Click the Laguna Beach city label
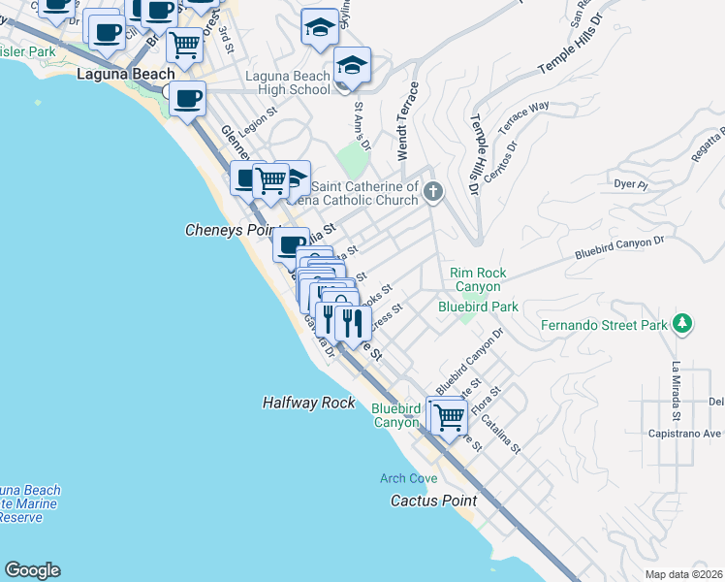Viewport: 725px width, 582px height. (126, 74)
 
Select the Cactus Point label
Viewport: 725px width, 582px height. (433, 501)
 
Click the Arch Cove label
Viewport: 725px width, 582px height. (403, 478)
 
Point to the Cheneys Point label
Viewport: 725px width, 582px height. (225, 231)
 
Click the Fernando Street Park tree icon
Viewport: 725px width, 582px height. (684, 324)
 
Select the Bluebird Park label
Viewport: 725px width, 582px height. (478, 307)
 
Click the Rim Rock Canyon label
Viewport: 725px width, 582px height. (476, 279)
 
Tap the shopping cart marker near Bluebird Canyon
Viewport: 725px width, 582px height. (447, 417)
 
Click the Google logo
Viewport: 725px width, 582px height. (32, 570)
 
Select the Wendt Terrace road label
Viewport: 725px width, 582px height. (408, 122)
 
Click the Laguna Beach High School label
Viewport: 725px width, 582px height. (288, 82)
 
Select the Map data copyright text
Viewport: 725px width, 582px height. (683, 574)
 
